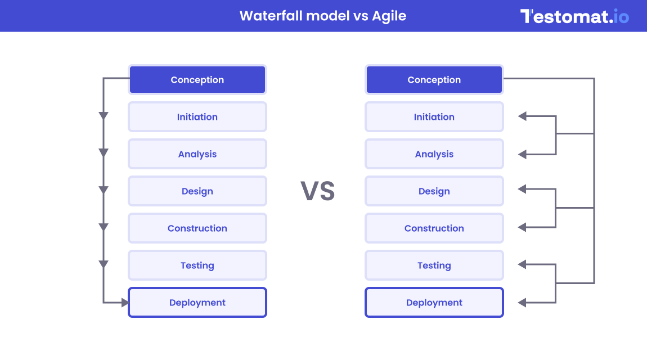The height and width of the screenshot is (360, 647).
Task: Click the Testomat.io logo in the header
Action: [574, 16]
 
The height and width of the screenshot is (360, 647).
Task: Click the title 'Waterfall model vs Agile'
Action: [323, 16]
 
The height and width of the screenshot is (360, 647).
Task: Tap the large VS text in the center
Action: [318, 191]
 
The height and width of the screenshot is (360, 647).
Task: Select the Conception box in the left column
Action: [197, 80]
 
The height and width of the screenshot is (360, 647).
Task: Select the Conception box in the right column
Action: [434, 80]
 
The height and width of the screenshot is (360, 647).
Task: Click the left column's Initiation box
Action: [197, 117]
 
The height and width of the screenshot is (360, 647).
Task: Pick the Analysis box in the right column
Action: [434, 154]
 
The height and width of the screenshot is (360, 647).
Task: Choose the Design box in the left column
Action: [197, 191]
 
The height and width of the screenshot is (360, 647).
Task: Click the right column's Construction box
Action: [434, 228]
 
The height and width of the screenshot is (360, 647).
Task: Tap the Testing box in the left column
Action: [197, 265]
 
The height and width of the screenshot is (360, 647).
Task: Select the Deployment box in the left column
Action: [197, 303]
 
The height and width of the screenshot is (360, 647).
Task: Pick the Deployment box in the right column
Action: [434, 303]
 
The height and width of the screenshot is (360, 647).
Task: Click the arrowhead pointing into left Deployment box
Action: [125, 303]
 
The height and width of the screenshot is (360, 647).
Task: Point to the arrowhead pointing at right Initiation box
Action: [522, 116]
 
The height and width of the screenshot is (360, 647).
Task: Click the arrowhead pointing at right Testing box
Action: [522, 264]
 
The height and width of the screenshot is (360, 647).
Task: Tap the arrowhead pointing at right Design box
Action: [522, 190]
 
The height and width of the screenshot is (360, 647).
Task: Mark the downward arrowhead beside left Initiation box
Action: [104, 116]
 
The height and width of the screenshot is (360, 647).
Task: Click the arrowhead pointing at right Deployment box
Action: [522, 303]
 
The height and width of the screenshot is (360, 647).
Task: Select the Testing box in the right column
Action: [434, 265]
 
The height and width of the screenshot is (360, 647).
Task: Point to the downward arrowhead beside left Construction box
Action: [104, 227]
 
